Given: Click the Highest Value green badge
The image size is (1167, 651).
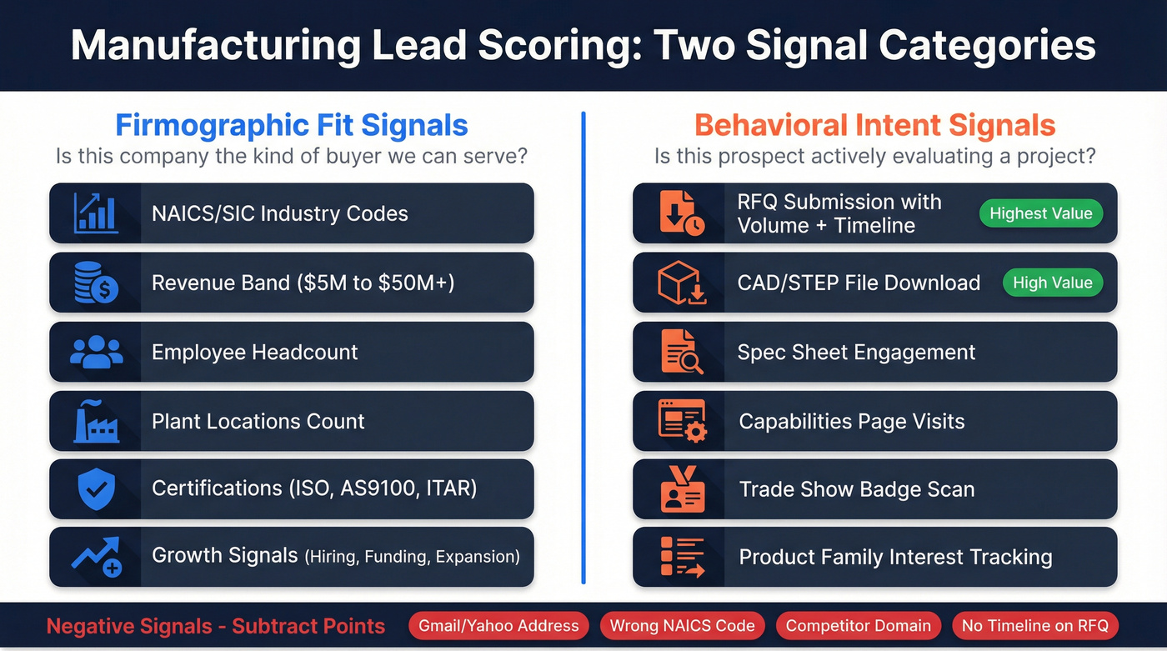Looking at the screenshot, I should tap(1040, 213).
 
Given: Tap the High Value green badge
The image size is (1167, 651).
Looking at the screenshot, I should tap(1052, 283).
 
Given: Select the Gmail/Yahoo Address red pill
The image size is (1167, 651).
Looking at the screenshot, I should tap(498, 625).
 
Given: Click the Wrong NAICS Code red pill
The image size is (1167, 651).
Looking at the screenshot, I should tap(682, 625).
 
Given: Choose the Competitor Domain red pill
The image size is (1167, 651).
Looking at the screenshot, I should tap(858, 625).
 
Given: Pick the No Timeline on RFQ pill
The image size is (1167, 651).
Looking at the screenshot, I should tap(1034, 625).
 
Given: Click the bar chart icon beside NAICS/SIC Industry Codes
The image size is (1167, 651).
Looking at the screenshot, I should tap(96, 213).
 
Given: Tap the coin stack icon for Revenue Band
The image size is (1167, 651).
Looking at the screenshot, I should tap(96, 283).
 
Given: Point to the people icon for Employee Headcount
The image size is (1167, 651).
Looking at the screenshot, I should tap(96, 352).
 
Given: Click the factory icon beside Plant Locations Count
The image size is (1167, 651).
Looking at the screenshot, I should tap(96, 421).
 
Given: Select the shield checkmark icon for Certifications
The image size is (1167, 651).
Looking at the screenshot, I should tap(96, 488).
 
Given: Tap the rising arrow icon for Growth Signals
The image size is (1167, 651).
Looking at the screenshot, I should tap(96, 557).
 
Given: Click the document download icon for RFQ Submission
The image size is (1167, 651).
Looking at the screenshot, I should tap(681, 213).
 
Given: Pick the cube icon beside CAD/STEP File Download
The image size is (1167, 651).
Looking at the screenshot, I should tap(681, 283).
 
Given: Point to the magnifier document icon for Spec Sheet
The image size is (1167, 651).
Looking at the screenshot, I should tap(681, 352).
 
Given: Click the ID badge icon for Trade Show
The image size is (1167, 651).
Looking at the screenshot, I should tap(681, 489).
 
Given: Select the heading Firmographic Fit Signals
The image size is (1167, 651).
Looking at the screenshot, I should tap(291, 126).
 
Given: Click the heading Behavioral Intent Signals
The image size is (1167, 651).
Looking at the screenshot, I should tap(874, 126).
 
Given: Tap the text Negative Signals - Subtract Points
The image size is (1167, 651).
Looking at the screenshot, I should tap(216, 626).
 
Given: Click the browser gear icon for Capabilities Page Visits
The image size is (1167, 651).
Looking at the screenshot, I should tap(681, 421).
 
